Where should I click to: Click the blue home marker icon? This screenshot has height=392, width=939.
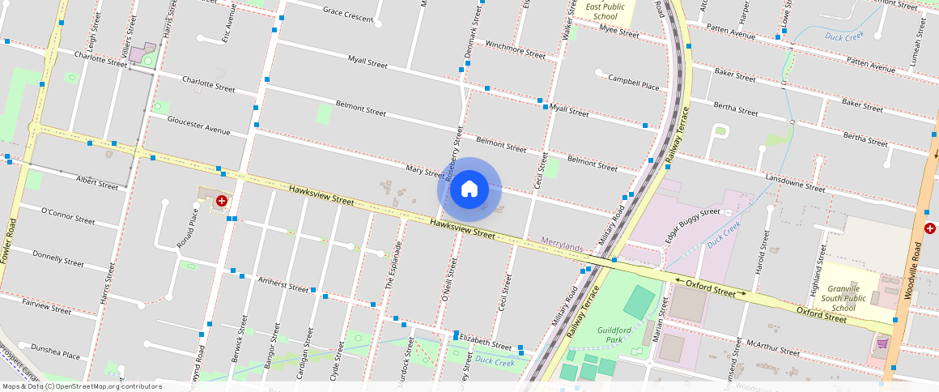point(469,190)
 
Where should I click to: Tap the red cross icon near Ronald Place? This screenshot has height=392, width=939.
point(221,200)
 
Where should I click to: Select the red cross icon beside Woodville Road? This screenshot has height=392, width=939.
point(931,228)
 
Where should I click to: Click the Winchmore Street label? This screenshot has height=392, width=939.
point(515,49)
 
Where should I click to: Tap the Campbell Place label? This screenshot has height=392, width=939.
point(634,81)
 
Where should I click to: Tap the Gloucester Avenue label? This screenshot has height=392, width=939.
point(198,125)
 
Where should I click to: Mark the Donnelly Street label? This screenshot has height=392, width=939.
point(57,258)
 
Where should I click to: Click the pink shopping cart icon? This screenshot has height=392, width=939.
point(882,343)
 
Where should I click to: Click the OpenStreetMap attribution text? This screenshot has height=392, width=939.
point(82,386)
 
